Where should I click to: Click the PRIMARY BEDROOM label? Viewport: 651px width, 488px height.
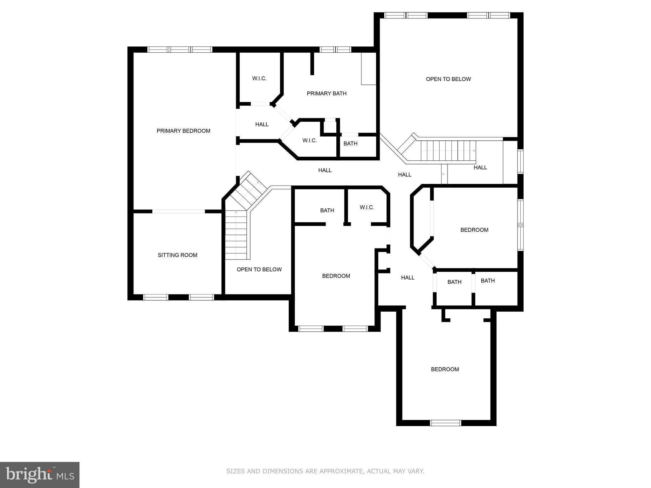pos(183,131)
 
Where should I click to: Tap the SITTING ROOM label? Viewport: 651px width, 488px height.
pos(177,255)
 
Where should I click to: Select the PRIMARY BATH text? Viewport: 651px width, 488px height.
pos(326,93)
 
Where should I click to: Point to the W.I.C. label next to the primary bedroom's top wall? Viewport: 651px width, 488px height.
pos(259,78)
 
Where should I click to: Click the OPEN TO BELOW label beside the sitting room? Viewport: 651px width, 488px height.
pos(259,269)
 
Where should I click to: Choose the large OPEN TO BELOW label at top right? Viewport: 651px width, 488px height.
pos(448,79)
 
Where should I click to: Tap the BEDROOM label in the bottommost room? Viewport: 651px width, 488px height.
pos(445,369)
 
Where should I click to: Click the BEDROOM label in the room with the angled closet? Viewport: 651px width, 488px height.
pos(474,230)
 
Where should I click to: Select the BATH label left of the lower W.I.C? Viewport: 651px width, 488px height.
pos(327,210)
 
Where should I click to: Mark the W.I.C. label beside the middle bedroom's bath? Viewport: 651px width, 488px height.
pos(367,207)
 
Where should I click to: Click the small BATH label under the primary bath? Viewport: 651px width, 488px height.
pos(350,144)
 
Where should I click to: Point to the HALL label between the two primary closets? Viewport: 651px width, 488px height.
pos(262,125)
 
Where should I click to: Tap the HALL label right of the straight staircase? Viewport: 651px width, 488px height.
pos(480,167)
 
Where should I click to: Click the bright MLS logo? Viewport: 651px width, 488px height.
pos(40,475)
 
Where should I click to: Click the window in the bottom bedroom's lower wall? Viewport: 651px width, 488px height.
pos(445,423)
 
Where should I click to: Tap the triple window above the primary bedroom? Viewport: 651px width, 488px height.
pos(180,50)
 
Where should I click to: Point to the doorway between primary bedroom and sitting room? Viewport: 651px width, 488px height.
pos(178,211)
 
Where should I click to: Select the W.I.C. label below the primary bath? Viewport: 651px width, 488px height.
pos(310,140)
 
